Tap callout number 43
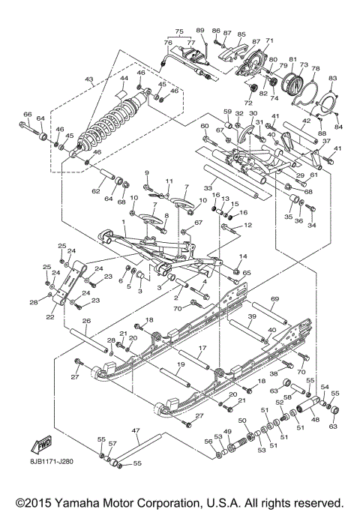point(88,79)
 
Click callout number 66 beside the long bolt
point(27,114)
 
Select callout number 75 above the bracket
point(179,32)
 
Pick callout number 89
point(200,29)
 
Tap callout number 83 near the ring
point(333,79)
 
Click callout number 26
point(86,321)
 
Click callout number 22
point(49,317)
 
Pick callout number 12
point(247,225)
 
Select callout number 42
point(306,120)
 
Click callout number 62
point(96,191)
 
